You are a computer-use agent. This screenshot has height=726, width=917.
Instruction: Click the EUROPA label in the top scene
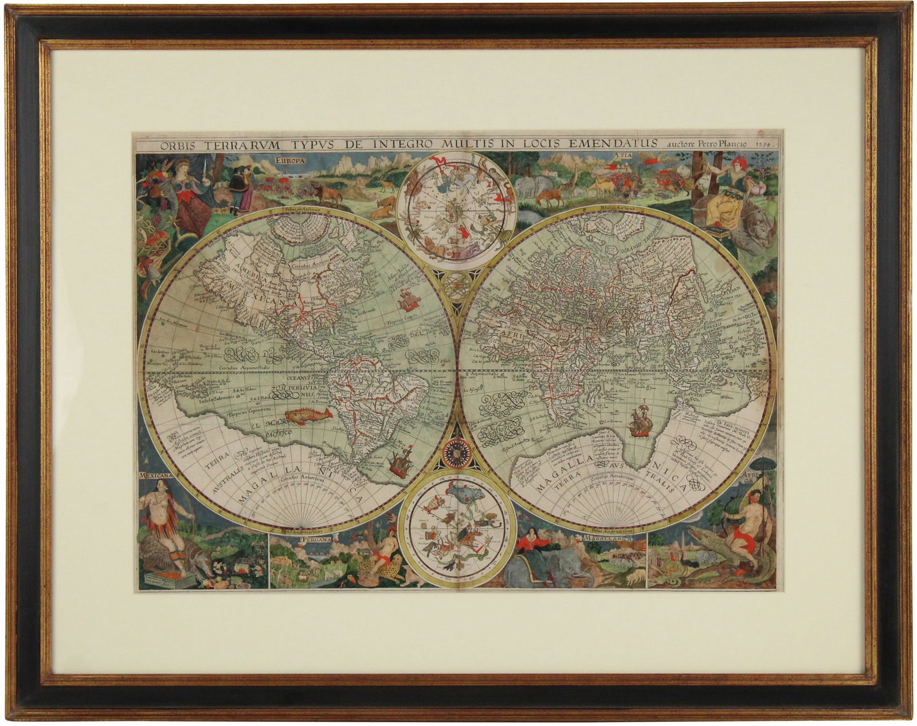[x=290, y=161]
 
